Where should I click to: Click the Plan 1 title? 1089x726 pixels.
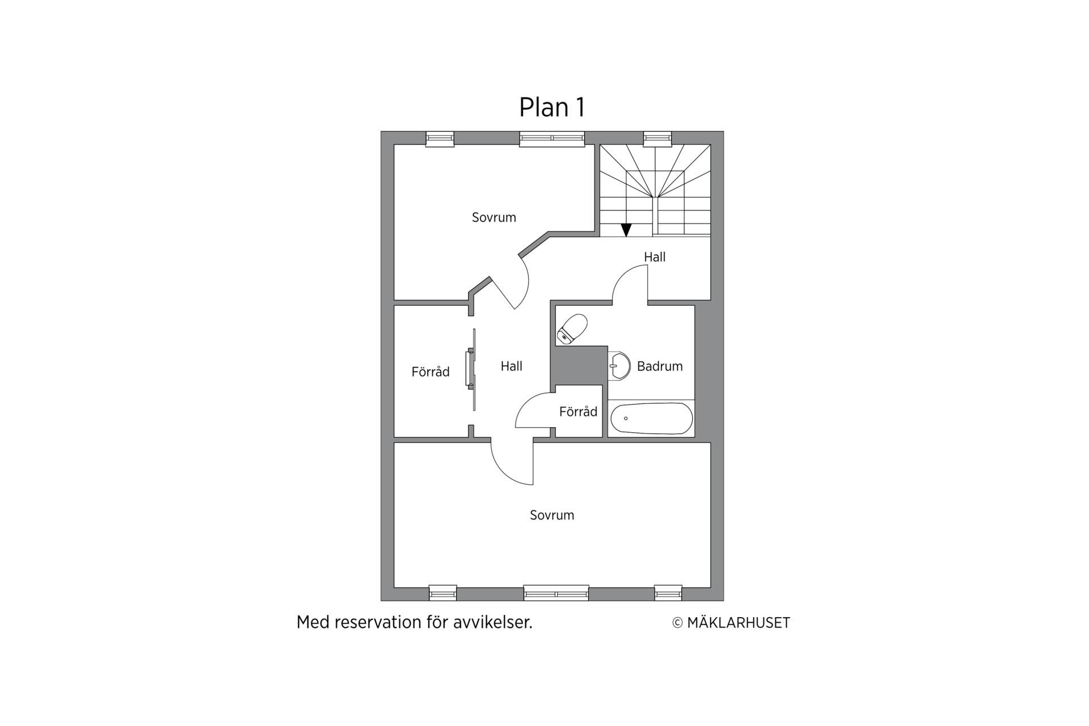552,107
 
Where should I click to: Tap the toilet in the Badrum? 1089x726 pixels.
572,330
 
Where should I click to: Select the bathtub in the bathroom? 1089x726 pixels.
652,419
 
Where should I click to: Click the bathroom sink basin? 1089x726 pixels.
619,366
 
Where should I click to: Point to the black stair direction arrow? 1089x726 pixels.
626,230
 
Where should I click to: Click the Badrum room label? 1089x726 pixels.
660,366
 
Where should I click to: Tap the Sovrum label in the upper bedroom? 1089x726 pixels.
494,217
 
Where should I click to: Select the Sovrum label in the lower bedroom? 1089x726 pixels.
552,515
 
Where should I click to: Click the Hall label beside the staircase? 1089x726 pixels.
655,257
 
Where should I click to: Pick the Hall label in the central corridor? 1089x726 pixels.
511,366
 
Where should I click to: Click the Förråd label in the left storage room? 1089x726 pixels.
430,372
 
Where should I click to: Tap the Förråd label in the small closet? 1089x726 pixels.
578,411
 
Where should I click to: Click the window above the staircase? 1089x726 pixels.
657,139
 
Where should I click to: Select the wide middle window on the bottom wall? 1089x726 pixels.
556,593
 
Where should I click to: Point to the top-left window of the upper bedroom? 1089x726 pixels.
440,139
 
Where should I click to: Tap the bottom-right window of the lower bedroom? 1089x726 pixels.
668,593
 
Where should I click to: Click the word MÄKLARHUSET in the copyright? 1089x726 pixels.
738,623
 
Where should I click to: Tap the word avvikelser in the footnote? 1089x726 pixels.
493,622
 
